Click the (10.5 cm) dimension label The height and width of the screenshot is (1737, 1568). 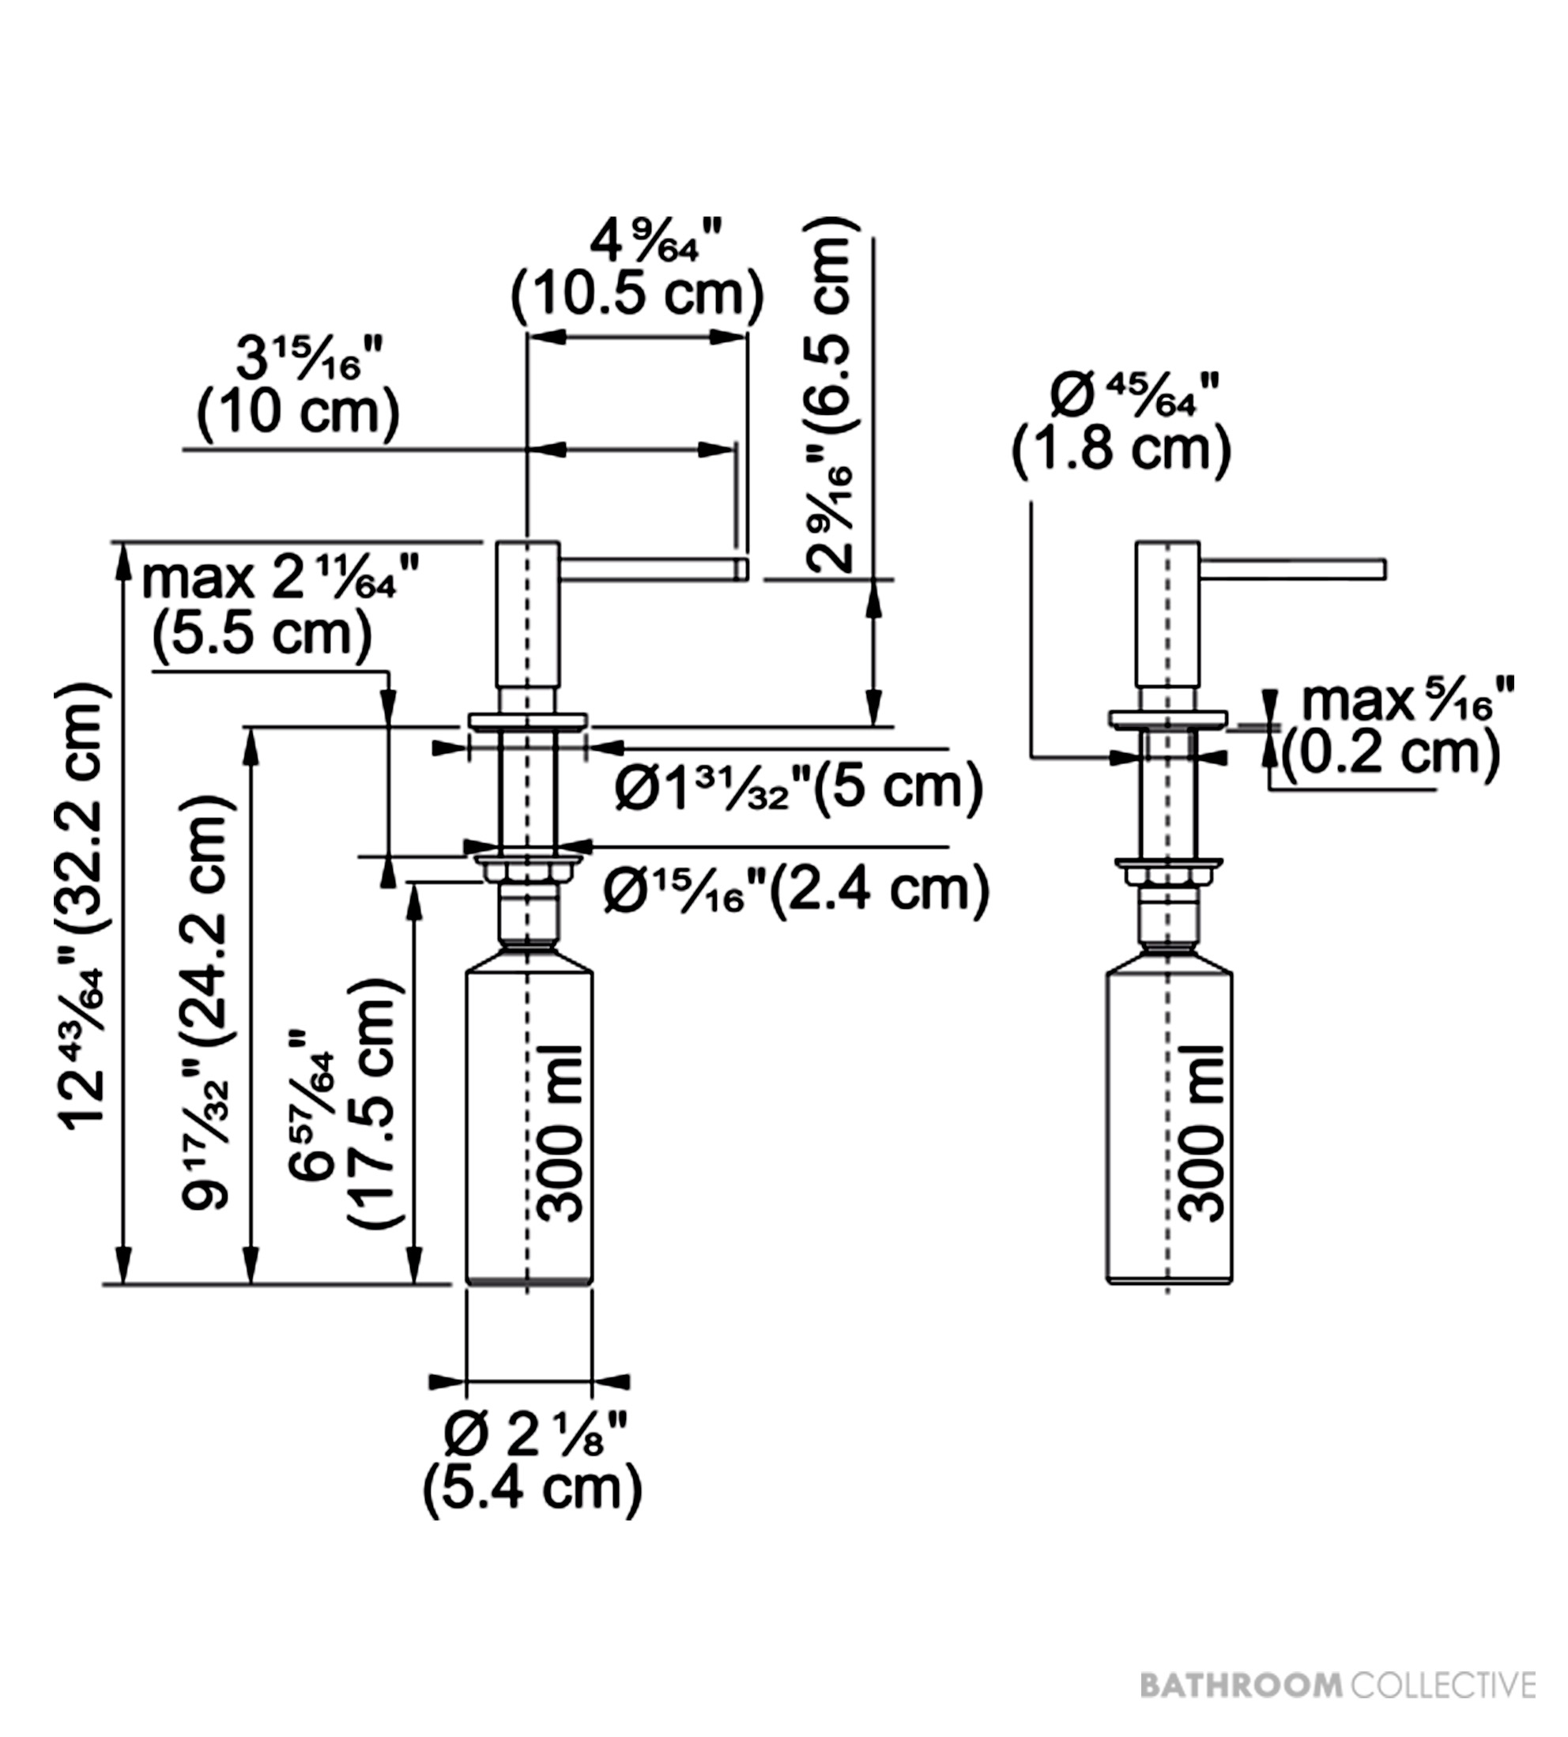[x=638, y=295]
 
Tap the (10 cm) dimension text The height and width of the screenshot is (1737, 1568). [x=299, y=412]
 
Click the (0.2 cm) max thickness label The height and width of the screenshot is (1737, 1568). [x=1390, y=753]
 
